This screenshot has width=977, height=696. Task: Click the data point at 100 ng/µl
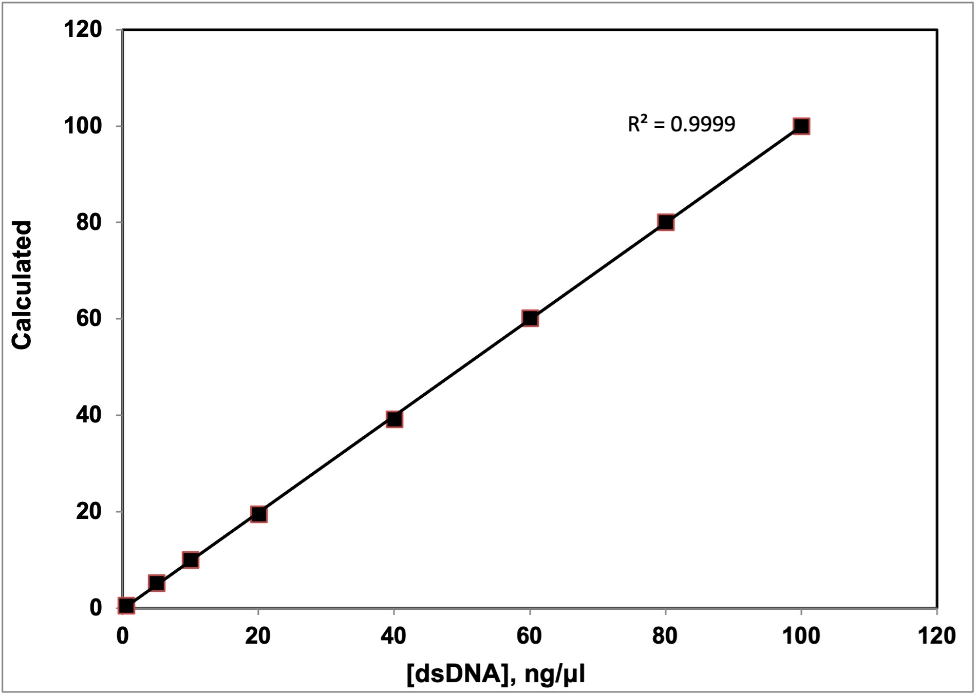[801, 126]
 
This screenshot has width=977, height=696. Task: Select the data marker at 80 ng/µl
[666, 222]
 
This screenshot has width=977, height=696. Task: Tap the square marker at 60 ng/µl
[530, 318]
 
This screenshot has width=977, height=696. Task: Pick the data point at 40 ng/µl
[394, 419]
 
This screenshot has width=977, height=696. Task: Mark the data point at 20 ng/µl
[258, 514]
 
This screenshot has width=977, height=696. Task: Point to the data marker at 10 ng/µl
[191, 559]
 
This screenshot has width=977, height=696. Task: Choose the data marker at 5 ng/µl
[157, 583]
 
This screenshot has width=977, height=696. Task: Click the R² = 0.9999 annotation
[681, 124]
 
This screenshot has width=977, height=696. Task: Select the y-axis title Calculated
[22, 285]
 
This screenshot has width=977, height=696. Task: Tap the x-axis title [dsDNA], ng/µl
[496, 673]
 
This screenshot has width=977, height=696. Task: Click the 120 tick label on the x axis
[936, 636]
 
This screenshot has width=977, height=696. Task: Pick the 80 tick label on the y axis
[89, 222]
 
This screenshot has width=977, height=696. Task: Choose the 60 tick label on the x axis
[529, 636]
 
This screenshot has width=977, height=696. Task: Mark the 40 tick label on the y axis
[89, 415]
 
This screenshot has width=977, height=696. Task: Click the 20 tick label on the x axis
[258, 636]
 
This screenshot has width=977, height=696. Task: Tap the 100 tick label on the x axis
[801, 636]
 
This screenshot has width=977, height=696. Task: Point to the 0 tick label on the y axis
[96, 608]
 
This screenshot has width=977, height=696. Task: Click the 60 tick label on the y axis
[89, 318]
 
